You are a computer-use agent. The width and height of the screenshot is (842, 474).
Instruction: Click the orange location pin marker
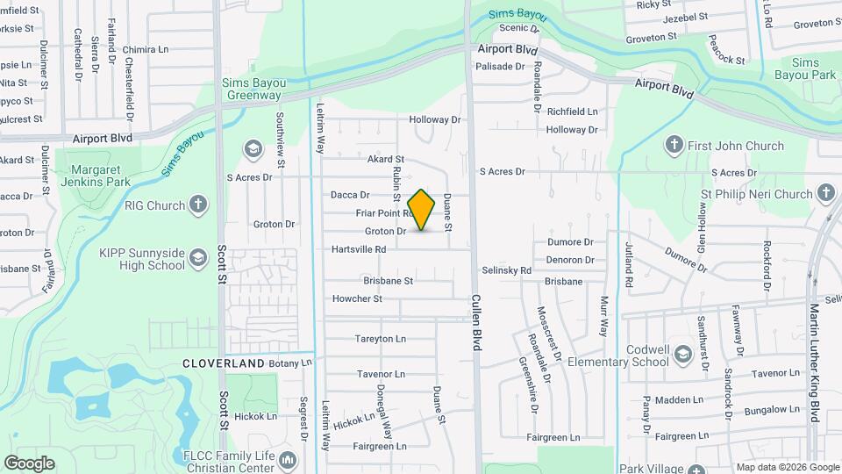point(422,209)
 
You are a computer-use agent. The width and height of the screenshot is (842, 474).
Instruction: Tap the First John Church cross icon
point(674,145)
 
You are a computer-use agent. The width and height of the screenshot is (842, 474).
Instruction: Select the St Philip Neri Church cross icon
point(826,193)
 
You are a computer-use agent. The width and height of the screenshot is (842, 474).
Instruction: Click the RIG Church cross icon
point(199,205)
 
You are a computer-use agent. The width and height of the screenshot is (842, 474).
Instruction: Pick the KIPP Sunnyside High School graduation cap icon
point(198,256)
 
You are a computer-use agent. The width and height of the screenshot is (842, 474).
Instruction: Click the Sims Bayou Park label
point(805,69)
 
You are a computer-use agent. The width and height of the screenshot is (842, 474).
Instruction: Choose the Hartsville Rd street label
point(359,249)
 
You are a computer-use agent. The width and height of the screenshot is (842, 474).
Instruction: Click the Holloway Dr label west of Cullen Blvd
point(434,119)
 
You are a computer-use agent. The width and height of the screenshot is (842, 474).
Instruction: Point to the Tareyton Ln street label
point(380,339)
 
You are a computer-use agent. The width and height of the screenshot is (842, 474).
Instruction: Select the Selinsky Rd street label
point(506,270)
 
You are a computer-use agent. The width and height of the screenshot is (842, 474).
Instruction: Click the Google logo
point(29,463)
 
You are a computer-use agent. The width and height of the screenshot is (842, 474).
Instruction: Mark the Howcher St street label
point(357,298)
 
